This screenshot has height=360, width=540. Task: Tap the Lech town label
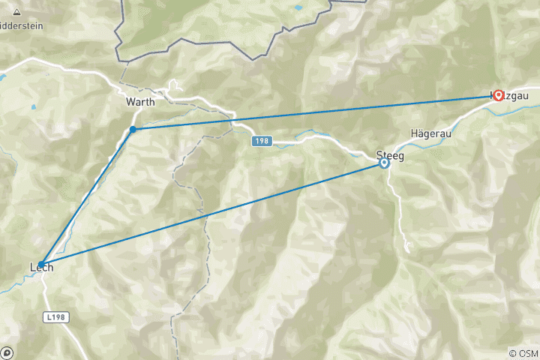pyautogui.click(x=41, y=266)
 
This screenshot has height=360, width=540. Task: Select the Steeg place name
pyautogui.click(x=389, y=156)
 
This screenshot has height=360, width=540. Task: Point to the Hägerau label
pyautogui.click(x=430, y=133)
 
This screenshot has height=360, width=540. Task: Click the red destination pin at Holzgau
pyautogui.click(x=499, y=95)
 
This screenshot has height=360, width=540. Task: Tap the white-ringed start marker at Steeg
pyautogui.click(x=384, y=163)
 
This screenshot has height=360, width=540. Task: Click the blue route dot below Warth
pyautogui.click(x=133, y=129)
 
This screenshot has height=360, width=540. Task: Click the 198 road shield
pyautogui.click(x=261, y=140)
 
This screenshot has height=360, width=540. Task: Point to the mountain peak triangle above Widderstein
pyautogui.click(x=16, y=11)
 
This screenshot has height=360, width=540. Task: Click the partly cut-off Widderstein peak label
pyautogui.click(x=21, y=25)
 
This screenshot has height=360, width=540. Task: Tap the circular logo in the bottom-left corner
pyautogui.click(x=7, y=352)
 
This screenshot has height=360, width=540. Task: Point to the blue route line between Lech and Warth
pyautogui.click(x=86, y=196)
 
